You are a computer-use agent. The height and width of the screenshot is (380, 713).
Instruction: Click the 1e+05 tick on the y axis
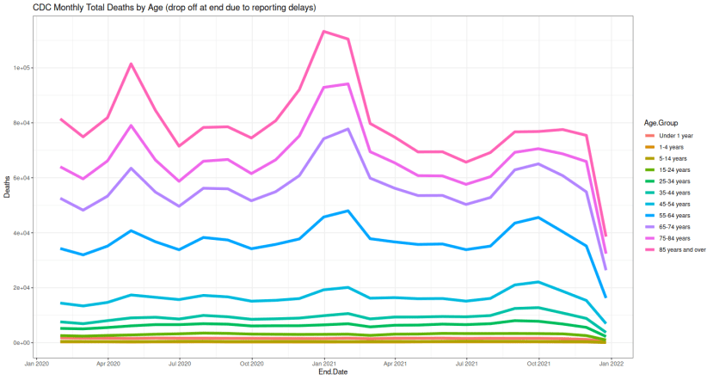click(23, 68)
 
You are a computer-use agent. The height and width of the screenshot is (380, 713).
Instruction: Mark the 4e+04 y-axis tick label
click(23, 233)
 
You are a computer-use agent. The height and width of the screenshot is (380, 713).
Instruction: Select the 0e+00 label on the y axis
click(23, 343)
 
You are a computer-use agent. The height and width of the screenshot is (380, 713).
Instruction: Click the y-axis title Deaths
click(7, 190)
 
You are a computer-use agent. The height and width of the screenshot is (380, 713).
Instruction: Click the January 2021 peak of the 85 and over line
click(323, 31)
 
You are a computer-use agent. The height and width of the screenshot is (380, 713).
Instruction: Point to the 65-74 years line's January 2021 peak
click(347, 129)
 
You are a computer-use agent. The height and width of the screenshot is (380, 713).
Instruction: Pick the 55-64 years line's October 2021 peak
click(538, 218)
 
